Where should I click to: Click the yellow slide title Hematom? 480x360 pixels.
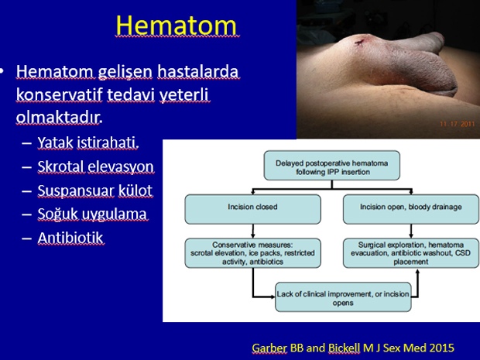click(177, 26)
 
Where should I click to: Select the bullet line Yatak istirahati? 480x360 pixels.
click(88, 142)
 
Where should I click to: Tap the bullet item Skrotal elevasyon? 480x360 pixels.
click(95, 166)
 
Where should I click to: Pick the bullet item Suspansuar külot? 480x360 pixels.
click(95, 190)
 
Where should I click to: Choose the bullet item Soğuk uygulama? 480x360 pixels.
click(92, 214)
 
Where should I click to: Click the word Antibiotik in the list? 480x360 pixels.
click(70, 238)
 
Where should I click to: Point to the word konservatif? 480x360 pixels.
click(59, 94)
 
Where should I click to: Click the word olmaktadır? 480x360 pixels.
click(58, 117)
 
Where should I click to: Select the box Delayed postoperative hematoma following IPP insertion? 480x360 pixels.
click(332, 166)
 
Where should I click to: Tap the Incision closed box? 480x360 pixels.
click(253, 209)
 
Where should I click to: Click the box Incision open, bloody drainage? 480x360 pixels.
click(411, 209)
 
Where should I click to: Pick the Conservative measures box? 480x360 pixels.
click(253, 253)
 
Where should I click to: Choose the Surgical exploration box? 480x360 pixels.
click(411, 253)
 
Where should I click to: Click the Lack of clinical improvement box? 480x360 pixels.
click(343, 297)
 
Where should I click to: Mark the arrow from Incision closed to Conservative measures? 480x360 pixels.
click(253, 231)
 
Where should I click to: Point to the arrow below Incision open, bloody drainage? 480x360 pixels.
click(411, 231)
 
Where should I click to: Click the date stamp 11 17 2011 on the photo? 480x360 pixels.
click(458, 124)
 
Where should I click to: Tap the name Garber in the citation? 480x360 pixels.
click(269, 348)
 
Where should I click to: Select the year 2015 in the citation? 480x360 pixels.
click(441, 348)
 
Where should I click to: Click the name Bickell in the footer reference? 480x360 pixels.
click(344, 348)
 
